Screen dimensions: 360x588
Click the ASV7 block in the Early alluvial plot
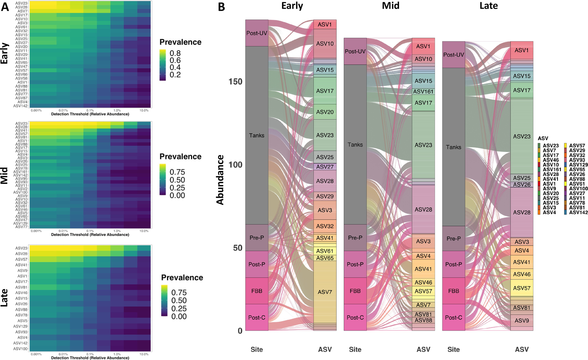325,292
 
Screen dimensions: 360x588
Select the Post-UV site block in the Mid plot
355,51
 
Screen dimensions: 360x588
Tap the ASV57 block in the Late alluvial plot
522,288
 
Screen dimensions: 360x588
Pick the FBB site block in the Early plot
257,291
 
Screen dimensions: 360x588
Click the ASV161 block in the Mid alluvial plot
423,92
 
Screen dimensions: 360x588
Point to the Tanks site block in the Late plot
454,147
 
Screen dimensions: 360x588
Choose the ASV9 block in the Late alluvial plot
522,320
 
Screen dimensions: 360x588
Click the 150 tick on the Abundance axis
235,82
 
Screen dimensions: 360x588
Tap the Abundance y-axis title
220,180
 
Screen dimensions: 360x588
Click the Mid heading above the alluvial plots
391,6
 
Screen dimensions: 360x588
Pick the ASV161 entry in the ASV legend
552,169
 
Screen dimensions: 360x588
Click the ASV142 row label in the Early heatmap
21,106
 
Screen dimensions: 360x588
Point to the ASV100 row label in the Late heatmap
21,349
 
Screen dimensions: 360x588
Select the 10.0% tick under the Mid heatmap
144,231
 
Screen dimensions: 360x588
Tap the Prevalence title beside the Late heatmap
182,278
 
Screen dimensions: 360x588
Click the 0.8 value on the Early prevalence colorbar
175,53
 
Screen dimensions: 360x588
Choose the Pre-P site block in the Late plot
454,239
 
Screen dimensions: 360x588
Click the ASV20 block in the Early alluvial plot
325,112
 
